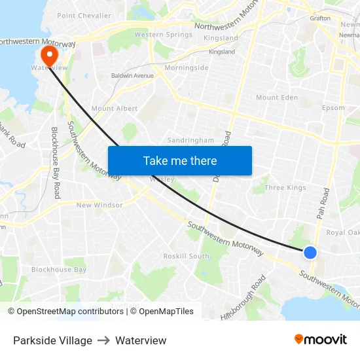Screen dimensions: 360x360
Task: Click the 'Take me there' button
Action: point(180,160)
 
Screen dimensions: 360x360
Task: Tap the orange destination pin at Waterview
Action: point(49,54)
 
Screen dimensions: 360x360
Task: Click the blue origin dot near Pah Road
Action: point(310,253)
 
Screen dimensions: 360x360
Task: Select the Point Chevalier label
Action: point(83,15)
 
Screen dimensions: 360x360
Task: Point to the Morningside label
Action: point(187,67)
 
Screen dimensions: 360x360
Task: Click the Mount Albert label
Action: point(115,109)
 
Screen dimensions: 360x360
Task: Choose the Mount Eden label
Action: point(277,98)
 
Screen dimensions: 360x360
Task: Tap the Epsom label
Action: point(334,109)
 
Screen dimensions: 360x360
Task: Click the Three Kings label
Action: point(285,188)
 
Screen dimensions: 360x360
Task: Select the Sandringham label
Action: point(190,140)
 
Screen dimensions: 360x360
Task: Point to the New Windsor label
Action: point(99,205)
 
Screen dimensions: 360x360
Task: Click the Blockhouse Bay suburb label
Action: point(59,270)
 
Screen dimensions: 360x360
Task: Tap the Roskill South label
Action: point(187,256)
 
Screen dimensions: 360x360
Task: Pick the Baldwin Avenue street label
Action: point(132,75)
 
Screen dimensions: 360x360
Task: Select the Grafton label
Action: point(320,18)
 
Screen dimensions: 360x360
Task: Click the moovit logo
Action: point(320,340)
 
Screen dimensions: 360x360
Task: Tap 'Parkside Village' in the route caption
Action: point(52,340)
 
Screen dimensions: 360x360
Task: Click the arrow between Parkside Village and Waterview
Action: point(103,340)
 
